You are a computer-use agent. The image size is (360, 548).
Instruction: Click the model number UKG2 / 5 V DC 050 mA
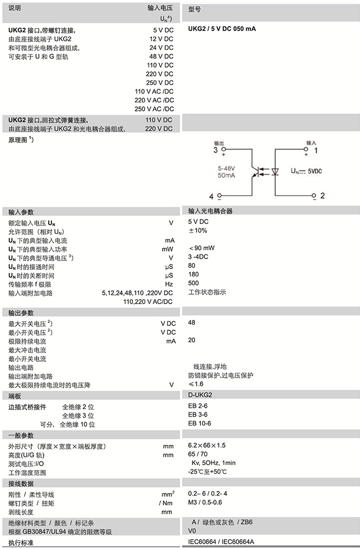pos(222,29)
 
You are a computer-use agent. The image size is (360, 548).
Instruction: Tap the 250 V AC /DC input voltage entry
pos(154,109)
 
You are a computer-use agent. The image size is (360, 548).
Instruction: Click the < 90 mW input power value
pos(203,248)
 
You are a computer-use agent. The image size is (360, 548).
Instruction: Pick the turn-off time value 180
pos(193,274)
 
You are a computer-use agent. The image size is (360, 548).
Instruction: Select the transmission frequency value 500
pos(193,283)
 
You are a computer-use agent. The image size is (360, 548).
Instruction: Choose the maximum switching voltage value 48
pos(192,322)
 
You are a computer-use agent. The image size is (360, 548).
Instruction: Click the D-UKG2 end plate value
pos(200,395)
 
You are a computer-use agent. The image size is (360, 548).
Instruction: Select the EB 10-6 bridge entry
pos(199,423)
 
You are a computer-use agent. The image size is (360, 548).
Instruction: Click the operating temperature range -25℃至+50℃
pos(208,472)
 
